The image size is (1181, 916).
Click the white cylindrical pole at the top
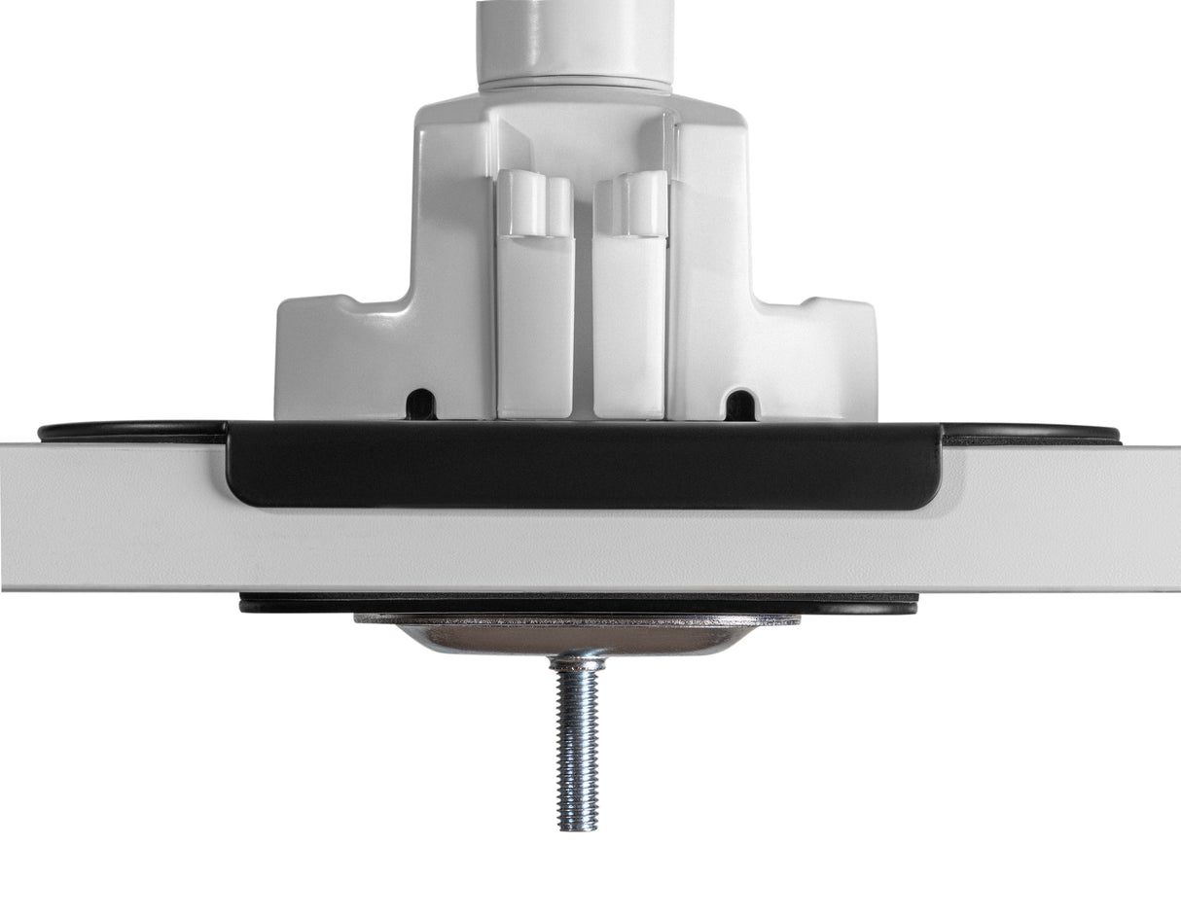coord(575,39)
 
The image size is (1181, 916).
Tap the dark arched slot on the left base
coord(421,404)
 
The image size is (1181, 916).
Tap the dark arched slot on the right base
coord(740,404)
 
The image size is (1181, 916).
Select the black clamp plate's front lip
coord(584,467)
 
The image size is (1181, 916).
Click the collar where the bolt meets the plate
coord(577,664)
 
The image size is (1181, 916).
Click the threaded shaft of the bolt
coord(577,739)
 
